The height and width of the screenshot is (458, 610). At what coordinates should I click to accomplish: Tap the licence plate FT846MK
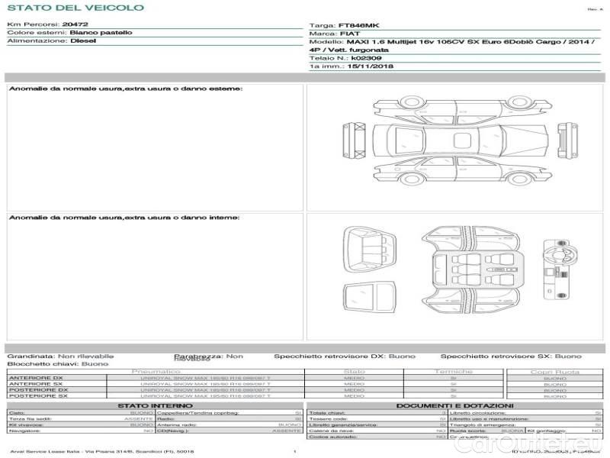point(355,25)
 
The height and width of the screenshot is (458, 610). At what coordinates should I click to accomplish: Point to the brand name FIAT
point(346,34)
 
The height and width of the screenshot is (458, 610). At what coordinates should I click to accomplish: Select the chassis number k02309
point(368,58)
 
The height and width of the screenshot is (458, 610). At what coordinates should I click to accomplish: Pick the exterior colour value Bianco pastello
point(101,33)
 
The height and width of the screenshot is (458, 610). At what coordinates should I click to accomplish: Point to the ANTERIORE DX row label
point(35,379)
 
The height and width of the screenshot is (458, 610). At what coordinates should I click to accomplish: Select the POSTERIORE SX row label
point(35,396)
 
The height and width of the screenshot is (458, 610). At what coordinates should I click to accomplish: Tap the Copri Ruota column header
point(555,372)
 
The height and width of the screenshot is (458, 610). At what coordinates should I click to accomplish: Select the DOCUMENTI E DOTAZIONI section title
point(454,405)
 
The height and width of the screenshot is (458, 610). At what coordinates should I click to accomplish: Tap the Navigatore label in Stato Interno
point(24,431)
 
